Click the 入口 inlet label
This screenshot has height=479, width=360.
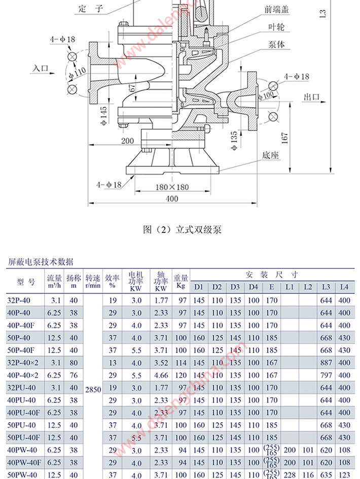[x=40, y=67]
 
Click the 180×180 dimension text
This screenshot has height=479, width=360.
[x=172, y=187]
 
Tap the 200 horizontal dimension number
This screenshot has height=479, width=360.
[x=127, y=141]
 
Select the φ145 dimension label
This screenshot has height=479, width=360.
[x=103, y=115]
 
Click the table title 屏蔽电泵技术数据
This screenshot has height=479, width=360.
[x=41, y=262]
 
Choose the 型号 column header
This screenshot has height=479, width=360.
[x=25, y=282]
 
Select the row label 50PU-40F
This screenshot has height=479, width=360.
[x=24, y=437]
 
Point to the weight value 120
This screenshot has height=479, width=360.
[x=181, y=375]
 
